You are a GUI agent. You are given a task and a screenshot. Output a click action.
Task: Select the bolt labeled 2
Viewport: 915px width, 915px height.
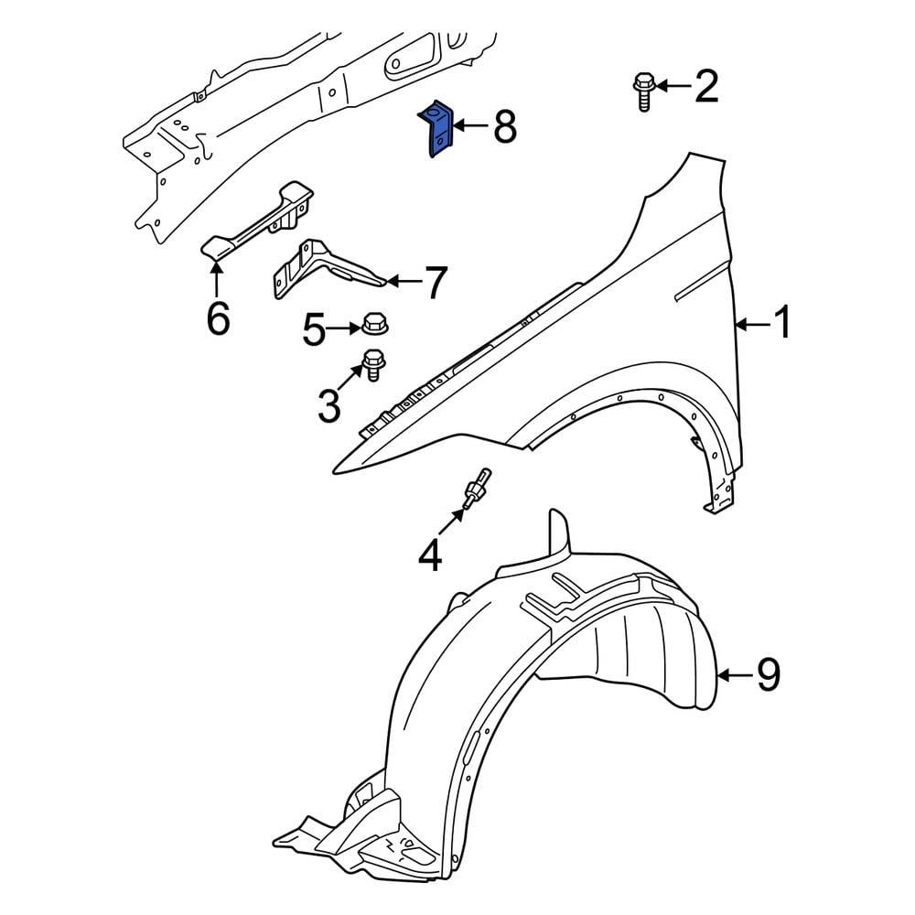click(642, 91)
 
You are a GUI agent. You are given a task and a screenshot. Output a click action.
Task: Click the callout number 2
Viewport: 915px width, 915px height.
click(705, 87)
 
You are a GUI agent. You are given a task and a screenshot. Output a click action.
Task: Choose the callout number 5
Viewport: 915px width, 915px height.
click(314, 330)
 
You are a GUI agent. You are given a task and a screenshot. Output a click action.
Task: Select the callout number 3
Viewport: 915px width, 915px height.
click(328, 405)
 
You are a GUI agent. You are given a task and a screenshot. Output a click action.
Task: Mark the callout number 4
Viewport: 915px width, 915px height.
click(430, 554)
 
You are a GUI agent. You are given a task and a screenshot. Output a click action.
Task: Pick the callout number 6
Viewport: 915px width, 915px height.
click(217, 318)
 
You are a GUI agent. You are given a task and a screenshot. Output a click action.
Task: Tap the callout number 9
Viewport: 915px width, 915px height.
click(767, 675)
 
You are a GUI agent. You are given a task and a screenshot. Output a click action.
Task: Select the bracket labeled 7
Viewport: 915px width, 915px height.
click(322, 271)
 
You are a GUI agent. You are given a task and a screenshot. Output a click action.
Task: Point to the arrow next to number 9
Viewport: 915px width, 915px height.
click(732, 676)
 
